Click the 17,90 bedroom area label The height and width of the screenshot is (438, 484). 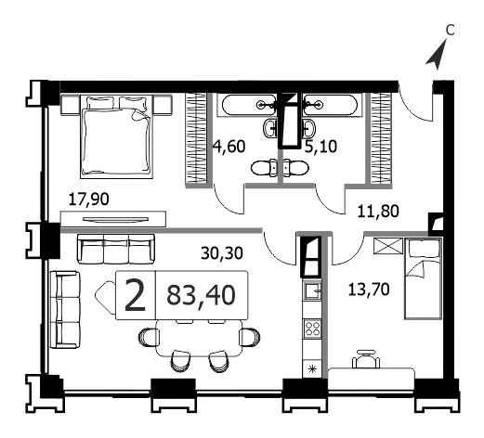coord(88,200)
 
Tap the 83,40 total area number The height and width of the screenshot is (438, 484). coord(201,295)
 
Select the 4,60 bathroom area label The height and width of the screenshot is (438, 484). coord(229,147)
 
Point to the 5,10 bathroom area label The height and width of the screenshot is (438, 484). coord(320,147)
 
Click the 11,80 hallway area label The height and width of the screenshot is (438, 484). coord(378,212)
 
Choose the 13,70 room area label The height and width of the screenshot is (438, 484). coord(369,290)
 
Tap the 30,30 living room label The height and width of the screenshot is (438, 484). coord(222,253)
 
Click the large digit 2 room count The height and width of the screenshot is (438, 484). coord(135,295)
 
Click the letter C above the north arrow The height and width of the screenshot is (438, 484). coord(450,31)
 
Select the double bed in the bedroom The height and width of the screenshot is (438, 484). coord(116,136)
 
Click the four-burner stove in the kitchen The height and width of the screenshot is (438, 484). coord(312,328)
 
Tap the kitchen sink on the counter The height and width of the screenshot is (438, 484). coord(312,290)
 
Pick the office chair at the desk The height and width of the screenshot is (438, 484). coord(366,359)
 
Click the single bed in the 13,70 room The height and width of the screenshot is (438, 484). coord(423,278)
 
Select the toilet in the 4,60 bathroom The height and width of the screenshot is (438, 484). coord(264,168)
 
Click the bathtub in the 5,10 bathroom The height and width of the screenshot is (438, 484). coord(332,106)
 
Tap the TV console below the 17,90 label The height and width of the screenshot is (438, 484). coord(113,219)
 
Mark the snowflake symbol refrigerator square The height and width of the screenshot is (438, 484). coord(312,368)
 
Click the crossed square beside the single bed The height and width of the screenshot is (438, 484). coord(388,246)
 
